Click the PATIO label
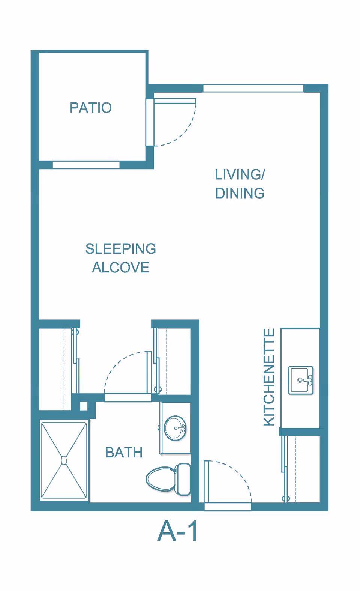[x=91, y=108]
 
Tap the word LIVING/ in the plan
[x=240, y=174]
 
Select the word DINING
[x=240, y=193]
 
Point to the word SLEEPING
[x=121, y=248]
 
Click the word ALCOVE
[x=120, y=267]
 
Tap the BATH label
[x=124, y=453]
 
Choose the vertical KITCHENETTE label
[x=269, y=377]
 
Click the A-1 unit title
[x=177, y=531]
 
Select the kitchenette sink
[x=301, y=380]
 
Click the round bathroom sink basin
[x=175, y=428]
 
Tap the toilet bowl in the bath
[x=160, y=478]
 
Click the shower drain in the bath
[x=64, y=460]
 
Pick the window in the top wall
[x=253, y=88]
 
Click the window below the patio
[x=86, y=165]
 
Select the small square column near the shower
[x=84, y=406]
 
